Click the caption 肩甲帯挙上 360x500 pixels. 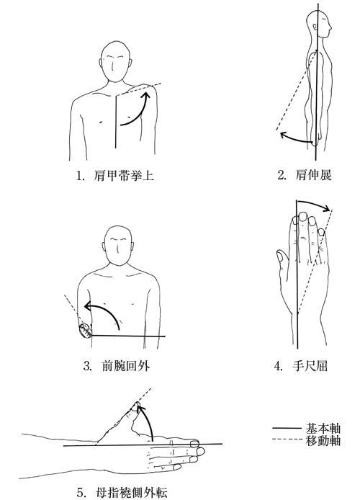pyautogui.click(x=124, y=175)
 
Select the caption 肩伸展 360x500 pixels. pyautogui.click(x=313, y=175)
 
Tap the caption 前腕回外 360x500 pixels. pyautogui.click(x=125, y=366)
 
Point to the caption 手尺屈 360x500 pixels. pyautogui.click(x=310, y=366)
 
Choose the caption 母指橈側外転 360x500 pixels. pyautogui.click(x=131, y=492)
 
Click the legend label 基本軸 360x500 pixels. pyautogui.click(x=323, y=428)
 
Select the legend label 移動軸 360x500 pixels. pyautogui.click(x=323, y=440)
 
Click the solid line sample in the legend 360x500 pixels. pyautogui.click(x=287, y=428)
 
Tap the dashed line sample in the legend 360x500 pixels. pyautogui.click(x=287, y=440)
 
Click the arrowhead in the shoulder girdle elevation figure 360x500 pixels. pyautogui.click(x=147, y=95)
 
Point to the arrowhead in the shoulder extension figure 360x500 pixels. pyautogui.click(x=284, y=135)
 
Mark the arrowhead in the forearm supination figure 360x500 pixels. pyautogui.click(x=89, y=306)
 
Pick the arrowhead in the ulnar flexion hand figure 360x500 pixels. pyautogui.click(x=326, y=209)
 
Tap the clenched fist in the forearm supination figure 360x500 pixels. pyautogui.click(x=86, y=331)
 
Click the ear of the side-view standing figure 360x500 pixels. pyautogui.click(x=315, y=27)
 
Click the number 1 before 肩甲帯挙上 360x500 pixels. pyautogui.click(x=80, y=176)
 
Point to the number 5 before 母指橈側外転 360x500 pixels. pyautogui.click(x=81, y=493)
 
